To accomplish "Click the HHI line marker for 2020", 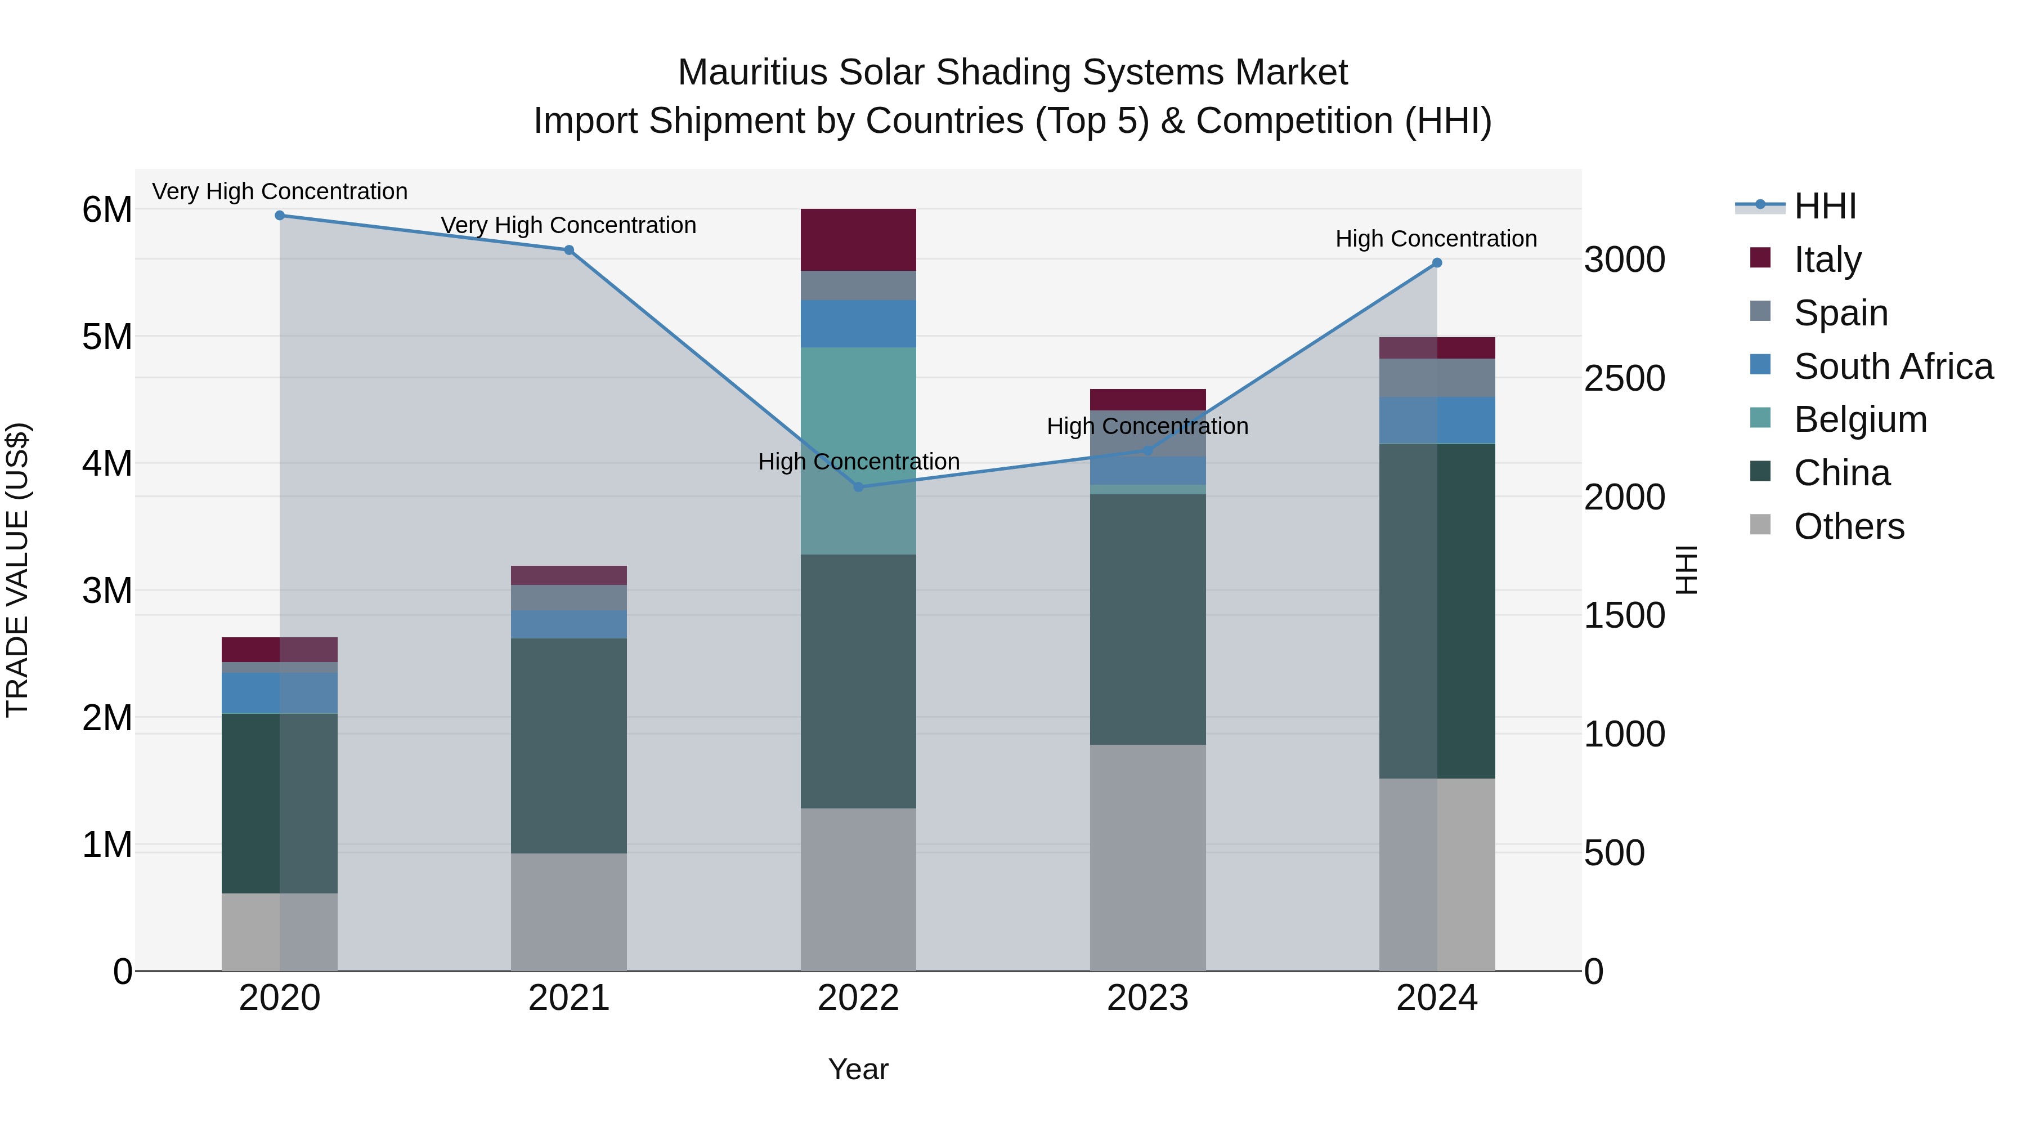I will (280, 216).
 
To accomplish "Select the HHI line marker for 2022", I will (858, 487).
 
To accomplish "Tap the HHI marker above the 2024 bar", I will (1437, 263).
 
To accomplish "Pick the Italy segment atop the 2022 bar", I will (858, 240).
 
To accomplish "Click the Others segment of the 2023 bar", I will (1148, 857).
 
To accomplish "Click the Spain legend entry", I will (1840, 313).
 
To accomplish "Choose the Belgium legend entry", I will (1859, 419).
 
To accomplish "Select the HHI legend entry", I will (1825, 206).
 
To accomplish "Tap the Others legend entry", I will (1848, 526).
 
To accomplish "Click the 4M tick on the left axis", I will (107, 463).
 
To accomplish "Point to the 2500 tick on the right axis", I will (1624, 378).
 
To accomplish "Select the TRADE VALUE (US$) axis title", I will (17, 570).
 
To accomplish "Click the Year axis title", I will (858, 1069).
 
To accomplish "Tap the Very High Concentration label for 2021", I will (568, 226).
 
